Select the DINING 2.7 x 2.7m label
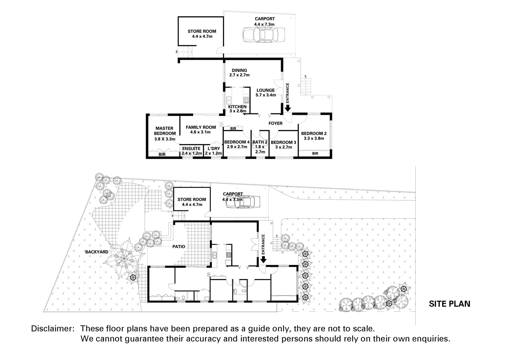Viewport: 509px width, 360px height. coord(239,73)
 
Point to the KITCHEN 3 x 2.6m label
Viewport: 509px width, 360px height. coord(237,109)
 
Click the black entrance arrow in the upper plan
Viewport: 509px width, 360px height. coord(287,107)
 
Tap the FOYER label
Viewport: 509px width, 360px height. coord(276,123)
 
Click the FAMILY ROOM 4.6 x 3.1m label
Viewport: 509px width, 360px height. coord(201,129)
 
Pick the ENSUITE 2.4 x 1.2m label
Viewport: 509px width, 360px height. coord(192,151)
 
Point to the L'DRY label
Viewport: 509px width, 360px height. coord(213,151)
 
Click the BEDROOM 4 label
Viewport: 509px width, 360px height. coord(237,144)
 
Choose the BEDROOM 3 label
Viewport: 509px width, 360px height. coord(283,145)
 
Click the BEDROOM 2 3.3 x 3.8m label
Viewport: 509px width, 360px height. coord(314,136)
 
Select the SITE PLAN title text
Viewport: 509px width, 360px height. coord(449,304)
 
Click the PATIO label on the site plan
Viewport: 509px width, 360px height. coord(179,247)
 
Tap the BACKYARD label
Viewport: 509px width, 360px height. coord(97,252)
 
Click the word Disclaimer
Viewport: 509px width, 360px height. coord(52,329)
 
